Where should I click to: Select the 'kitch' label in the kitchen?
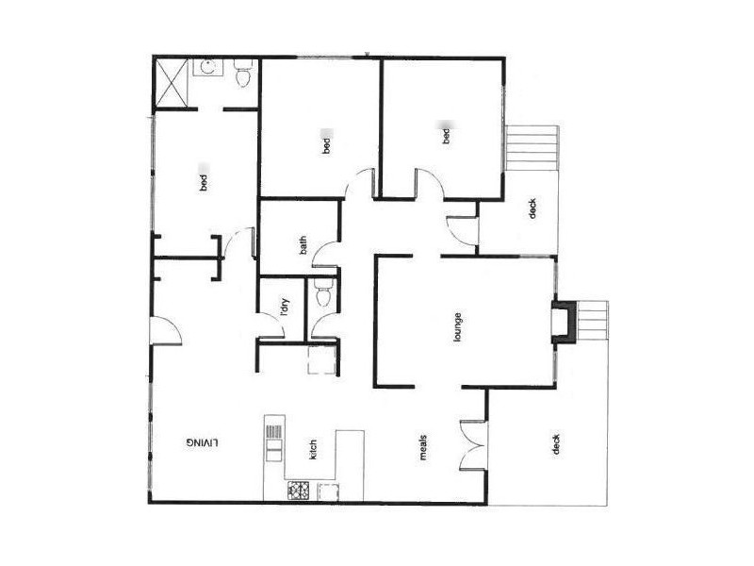tap(314, 450)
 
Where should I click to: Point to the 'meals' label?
tap(424, 445)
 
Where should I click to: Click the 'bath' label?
tap(303, 244)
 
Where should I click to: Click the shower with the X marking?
tap(172, 82)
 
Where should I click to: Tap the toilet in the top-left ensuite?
tap(244, 75)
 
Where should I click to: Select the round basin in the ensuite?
tap(206, 68)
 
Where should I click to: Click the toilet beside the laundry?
tap(322, 294)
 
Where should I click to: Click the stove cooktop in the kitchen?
tap(301, 491)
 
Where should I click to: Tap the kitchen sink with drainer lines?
tap(273, 438)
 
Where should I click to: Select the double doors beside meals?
tap(473, 442)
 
